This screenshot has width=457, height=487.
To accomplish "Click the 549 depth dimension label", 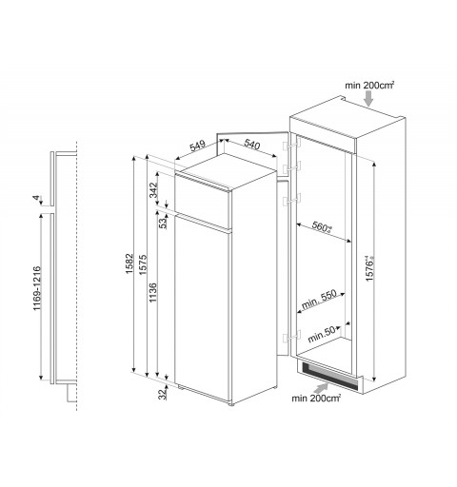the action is (198, 146).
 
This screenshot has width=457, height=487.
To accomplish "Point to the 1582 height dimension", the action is (129, 263).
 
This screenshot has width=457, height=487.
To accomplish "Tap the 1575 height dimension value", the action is (143, 263).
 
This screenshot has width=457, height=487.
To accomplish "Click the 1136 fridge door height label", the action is (153, 292).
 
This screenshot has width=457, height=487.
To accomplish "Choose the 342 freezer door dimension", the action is (153, 189).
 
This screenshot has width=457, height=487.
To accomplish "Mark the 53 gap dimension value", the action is (163, 224).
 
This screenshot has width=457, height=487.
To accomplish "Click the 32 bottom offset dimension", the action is (163, 394).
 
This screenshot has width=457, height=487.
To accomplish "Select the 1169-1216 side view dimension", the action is (37, 288).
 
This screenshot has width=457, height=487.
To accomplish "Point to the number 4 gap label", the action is (37, 198).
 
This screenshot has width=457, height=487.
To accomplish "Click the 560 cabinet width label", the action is (322, 227).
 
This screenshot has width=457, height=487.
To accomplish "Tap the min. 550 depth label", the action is (319, 300).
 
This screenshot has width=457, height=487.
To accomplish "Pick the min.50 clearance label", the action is (322, 335).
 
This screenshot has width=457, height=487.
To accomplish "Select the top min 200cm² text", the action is (369, 85).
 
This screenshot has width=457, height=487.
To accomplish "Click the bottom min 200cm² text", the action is (316, 398).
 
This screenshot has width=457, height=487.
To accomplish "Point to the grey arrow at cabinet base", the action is (321, 388).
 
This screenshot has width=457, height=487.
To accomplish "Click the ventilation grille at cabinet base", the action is (329, 376).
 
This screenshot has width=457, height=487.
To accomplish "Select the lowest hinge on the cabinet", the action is (291, 336).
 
